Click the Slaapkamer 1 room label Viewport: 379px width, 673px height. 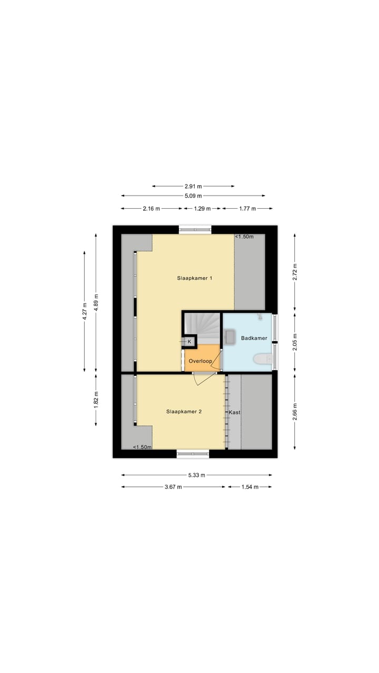point(195,278)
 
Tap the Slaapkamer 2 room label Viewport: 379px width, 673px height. point(184,412)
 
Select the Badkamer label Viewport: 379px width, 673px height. point(254,338)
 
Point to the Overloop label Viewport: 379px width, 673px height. point(201,361)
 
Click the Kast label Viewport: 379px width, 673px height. point(234,412)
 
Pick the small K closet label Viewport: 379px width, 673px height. point(189,341)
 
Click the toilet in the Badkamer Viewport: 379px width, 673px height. point(262,359)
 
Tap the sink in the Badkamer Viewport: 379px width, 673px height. point(231,337)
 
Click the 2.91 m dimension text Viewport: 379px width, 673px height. point(193,186)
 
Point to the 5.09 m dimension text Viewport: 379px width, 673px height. point(193,196)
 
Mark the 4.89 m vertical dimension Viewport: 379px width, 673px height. point(96,303)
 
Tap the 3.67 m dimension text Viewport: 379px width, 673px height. point(173,487)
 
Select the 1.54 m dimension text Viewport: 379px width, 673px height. point(250,487)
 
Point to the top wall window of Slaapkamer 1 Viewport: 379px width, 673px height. point(195,229)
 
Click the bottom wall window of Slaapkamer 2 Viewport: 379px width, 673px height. point(193,454)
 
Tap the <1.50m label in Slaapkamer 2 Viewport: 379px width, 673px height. point(142,447)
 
